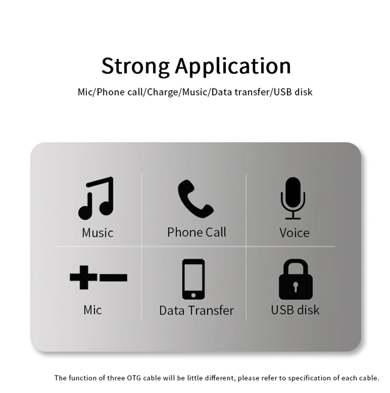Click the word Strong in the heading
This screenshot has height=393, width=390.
click(x=136, y=66)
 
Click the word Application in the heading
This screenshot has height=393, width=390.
click(x=233, y=66)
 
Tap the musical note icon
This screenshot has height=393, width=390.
click(x=96, y=198)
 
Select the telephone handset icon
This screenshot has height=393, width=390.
click(x=195, y=199)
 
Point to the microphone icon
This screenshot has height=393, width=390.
click(x=293, y=198)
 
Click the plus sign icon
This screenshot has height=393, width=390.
click(x=83, y=278)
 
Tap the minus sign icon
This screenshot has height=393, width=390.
click(x=114, y=278)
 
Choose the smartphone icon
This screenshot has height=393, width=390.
click(x=193, y=279)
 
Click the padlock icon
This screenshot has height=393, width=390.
click(x=295, y=279)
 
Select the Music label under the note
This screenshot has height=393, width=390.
click(x=97, y=233)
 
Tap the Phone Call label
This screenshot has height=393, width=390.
click(x=197, y=232)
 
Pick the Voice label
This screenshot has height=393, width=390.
click(x=294, y=233)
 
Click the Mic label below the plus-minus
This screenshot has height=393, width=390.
click(x=93, y=310)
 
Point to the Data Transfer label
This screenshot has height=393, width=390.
click(x=196, y=310)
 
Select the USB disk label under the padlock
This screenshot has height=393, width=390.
click(x=295, y=310)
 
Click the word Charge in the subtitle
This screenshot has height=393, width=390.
click(x=162, y=92)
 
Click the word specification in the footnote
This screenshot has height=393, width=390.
click(x=310, y=378)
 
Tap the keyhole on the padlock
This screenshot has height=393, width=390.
click(x=295, y=286)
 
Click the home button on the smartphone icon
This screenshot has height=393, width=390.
click(x=193, y=295)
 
